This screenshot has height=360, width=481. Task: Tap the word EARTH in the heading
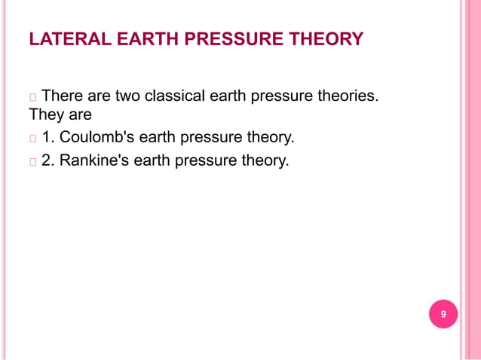[x=130, y=38]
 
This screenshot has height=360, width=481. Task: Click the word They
[x=47, y=116]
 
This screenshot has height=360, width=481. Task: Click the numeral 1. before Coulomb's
[x=48, y=139]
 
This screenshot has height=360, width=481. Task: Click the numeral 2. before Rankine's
[x=48, y=160]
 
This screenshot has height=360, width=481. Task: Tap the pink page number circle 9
[x=443, y=314]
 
